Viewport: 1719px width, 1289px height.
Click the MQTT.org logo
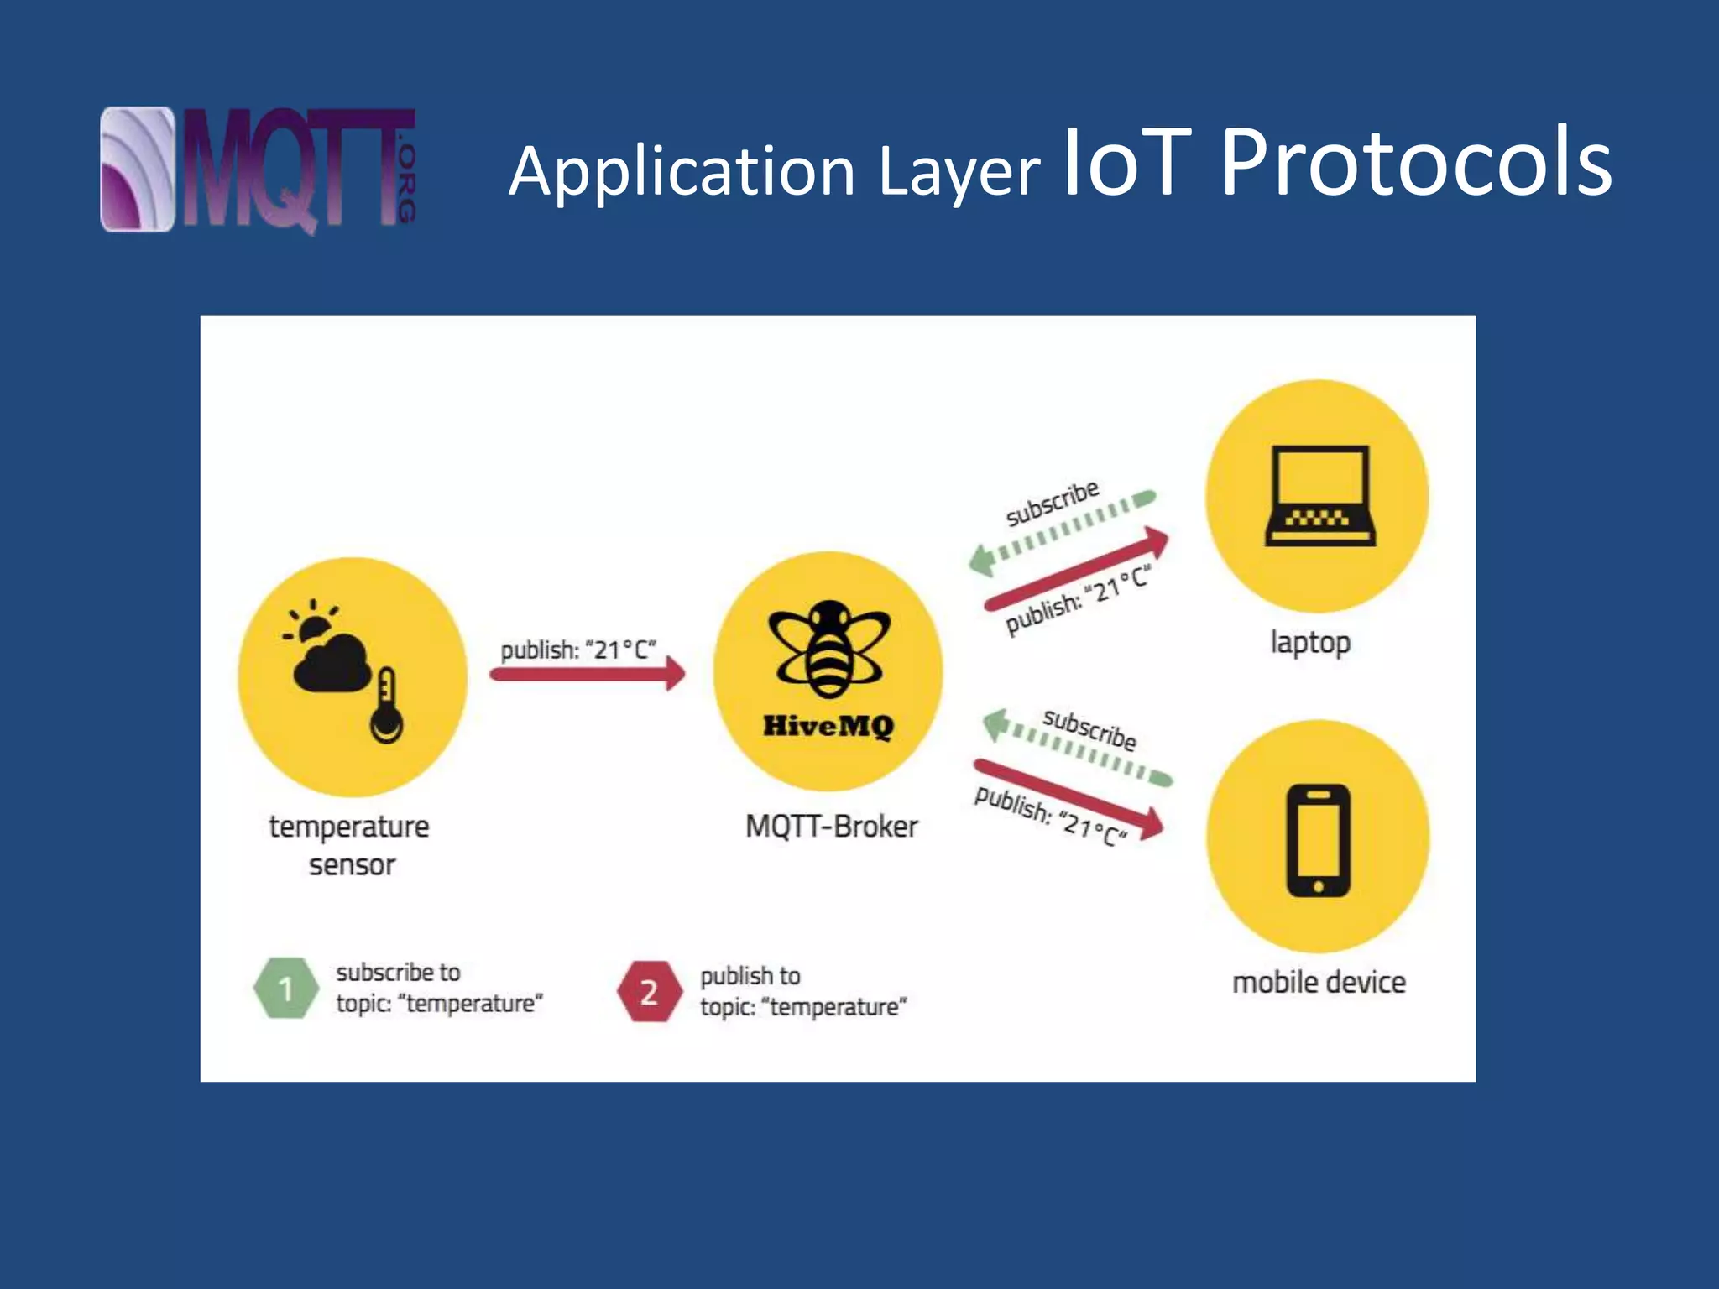pos(258,170)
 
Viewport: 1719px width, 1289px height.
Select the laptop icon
pos(1319,496)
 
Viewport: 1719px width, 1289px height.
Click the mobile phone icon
pos(1318,840)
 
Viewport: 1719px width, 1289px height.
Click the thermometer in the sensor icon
pos(386,706)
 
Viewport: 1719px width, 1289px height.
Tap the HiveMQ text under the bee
pos(828,726)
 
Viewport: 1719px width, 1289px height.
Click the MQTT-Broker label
pos(831,827)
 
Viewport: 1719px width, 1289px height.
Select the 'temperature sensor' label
pos(349,845)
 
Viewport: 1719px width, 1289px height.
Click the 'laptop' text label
pos(1309,643)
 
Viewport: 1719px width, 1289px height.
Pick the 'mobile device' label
pos(1319,982)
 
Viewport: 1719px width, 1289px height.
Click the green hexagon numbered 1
pos(285,989)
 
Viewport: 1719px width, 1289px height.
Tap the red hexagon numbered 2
pos(649,992)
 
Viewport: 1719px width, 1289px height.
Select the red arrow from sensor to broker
pos(588,674)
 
